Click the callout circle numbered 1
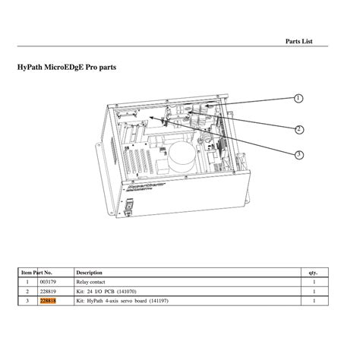click(298, 99)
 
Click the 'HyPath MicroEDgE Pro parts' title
click(67, 67)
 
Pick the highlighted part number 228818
click(48, 301)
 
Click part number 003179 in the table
click(48, 281)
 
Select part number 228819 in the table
click(48, 291)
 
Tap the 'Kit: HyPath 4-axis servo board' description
click(122, 301)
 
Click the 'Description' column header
click(90, 271)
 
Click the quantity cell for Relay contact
click(313, 281)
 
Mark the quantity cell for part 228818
click(313, 301)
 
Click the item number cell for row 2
click(27, 291)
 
